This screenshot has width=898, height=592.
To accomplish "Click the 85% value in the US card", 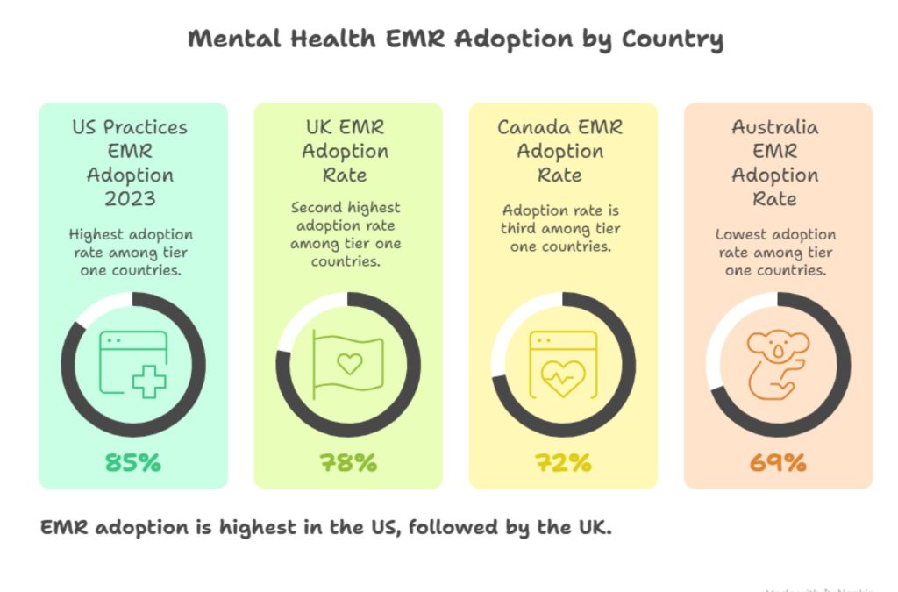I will tap(133, 462).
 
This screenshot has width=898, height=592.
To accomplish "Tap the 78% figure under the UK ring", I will tap(348, 462).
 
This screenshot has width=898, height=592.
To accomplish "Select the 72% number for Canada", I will tap(563, 462).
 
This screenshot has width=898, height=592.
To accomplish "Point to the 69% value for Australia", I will tap(778, 462).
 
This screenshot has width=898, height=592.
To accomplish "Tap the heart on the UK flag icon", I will tap(349, 363).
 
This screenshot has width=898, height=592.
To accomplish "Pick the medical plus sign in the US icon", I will tap(149, 382).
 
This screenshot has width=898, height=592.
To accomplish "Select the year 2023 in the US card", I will tap(130, 198).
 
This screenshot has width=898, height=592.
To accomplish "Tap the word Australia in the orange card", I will tap(775, 127).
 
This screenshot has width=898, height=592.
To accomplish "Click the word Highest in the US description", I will tap(96, 235).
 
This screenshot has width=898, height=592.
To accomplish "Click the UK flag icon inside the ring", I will tap(348, 364).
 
